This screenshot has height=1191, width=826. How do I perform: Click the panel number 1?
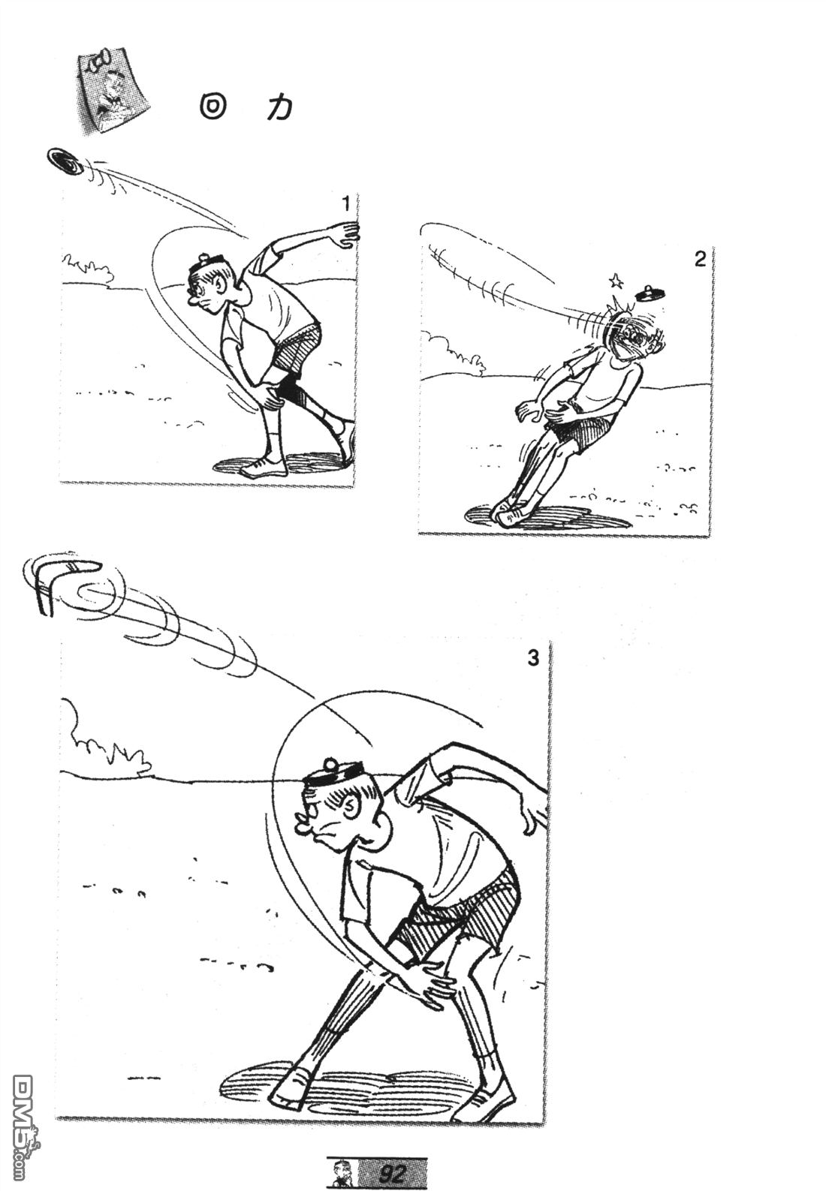(346, 203)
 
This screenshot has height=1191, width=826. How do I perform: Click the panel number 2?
(700, 260)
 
